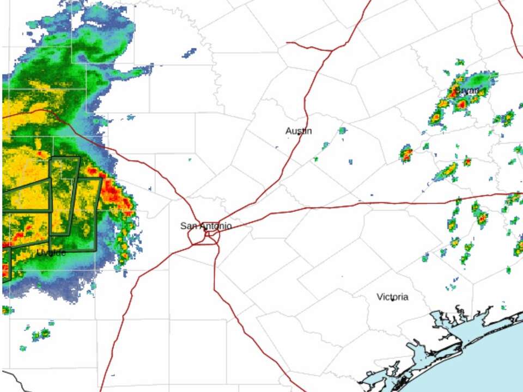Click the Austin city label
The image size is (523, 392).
299,131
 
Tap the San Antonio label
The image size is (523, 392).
206,226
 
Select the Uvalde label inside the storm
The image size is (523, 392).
52,253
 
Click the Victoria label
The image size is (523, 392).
392,297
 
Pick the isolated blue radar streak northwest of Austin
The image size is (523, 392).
190,53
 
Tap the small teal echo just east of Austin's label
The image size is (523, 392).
342,131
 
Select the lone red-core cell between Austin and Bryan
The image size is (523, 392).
406,154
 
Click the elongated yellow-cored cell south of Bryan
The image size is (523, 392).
447,172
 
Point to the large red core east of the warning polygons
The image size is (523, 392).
113,192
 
